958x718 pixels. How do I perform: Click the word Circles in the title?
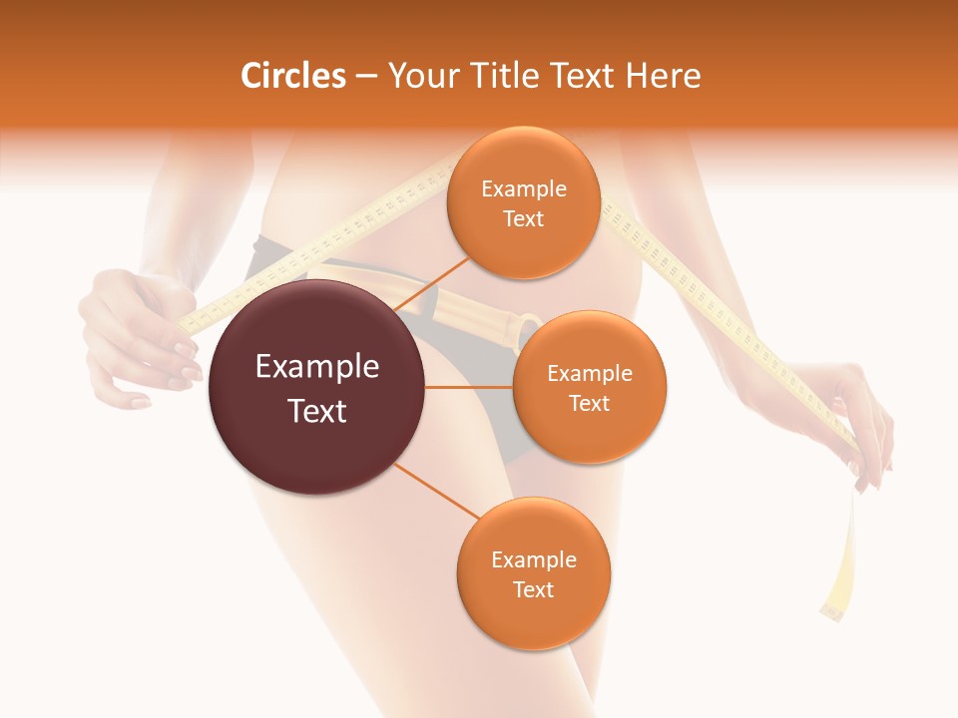[292, 76]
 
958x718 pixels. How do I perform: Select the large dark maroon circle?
[316, 388]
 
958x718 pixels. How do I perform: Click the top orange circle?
[523, 203]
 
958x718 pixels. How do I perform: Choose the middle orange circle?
[589, 387]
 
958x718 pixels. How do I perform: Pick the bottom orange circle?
[533, 573]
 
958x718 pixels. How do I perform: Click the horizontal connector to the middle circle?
[468, 387]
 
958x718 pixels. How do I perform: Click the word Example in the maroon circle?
[316, 367]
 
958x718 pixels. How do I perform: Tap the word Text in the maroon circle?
[316, 411]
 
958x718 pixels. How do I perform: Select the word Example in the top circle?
[523, 189]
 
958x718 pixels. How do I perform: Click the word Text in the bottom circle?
[533, 589]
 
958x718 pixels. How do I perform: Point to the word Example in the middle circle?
[589, 374]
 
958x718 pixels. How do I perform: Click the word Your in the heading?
[420, 76]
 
